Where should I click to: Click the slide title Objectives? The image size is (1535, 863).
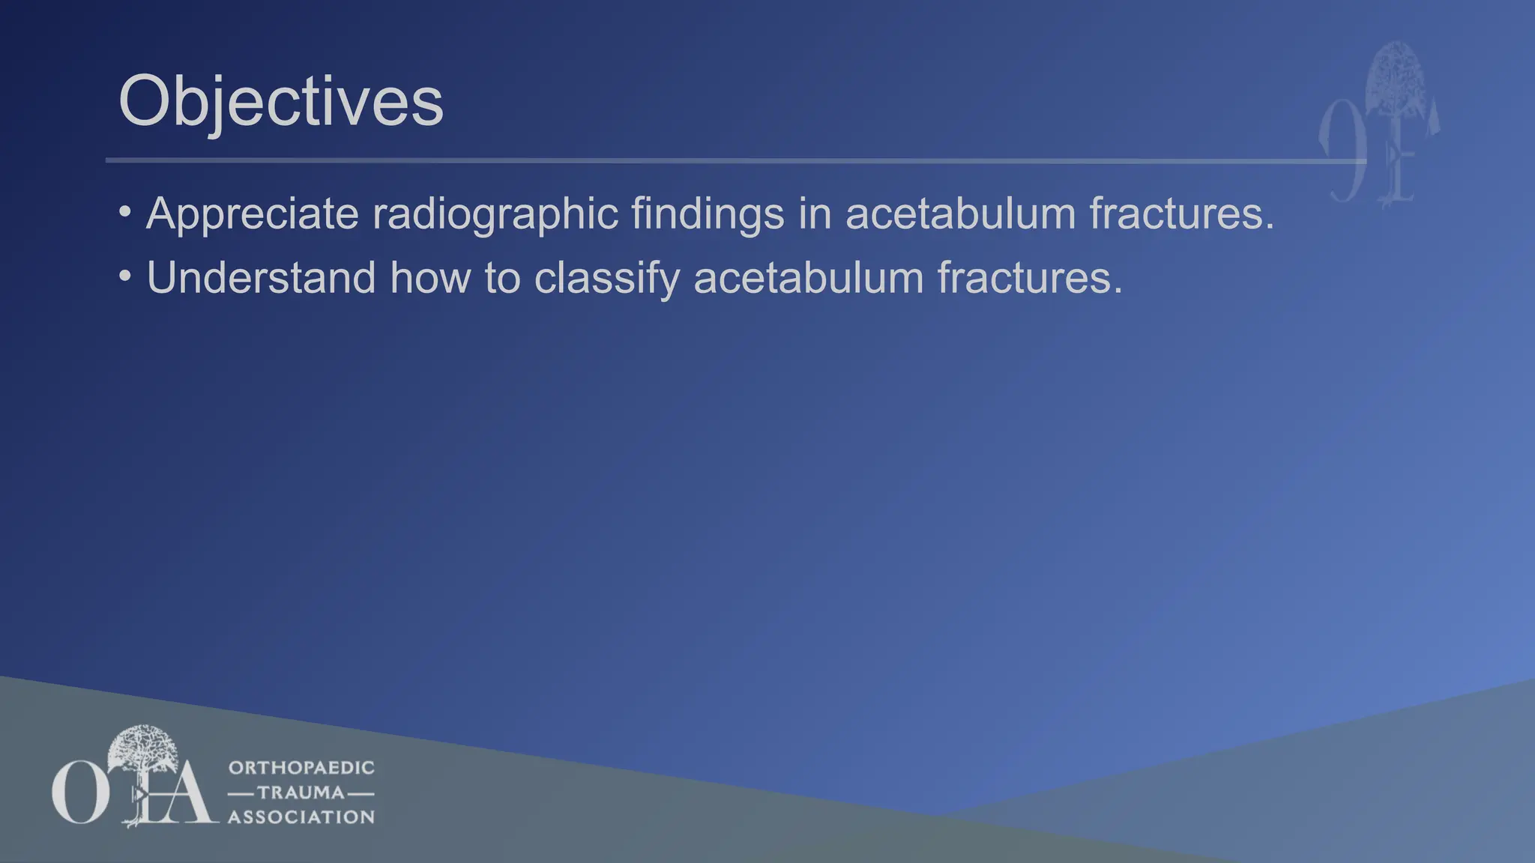281,102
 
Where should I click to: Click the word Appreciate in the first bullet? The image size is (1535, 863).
253,214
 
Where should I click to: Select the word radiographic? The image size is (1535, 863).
495,214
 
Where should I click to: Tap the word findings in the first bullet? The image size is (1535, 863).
707,214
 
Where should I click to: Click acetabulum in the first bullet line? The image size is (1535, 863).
960,214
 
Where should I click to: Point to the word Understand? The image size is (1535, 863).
261,278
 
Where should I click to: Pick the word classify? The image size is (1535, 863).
606,278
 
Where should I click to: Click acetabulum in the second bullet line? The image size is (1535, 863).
809,278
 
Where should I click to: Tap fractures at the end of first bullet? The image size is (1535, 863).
1181,214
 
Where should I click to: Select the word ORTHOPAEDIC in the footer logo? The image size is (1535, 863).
301,768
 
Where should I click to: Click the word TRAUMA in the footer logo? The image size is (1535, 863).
301,793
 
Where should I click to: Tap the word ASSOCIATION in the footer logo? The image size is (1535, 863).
301,817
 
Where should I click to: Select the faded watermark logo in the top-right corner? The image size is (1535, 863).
1379,124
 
